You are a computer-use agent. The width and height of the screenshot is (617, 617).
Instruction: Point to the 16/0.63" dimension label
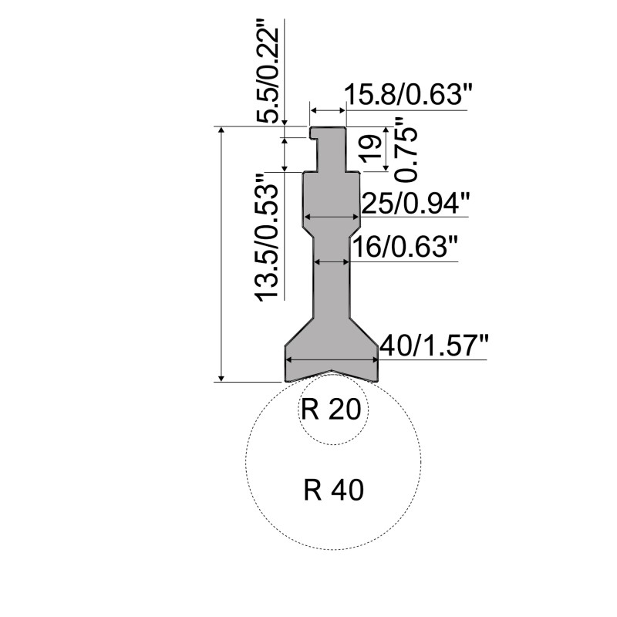[405, 248]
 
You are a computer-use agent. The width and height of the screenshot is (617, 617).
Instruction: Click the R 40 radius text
[333, 489]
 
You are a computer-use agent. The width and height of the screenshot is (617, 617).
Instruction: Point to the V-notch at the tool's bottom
[332, 373]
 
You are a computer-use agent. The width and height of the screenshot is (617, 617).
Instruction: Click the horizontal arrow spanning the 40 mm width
[332, 358]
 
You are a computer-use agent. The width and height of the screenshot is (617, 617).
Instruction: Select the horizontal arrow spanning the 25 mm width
[332, 217]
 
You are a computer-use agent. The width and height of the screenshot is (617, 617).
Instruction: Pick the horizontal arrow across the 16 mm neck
[332, 262]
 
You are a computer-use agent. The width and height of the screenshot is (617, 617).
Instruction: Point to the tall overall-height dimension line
[223, 255]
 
